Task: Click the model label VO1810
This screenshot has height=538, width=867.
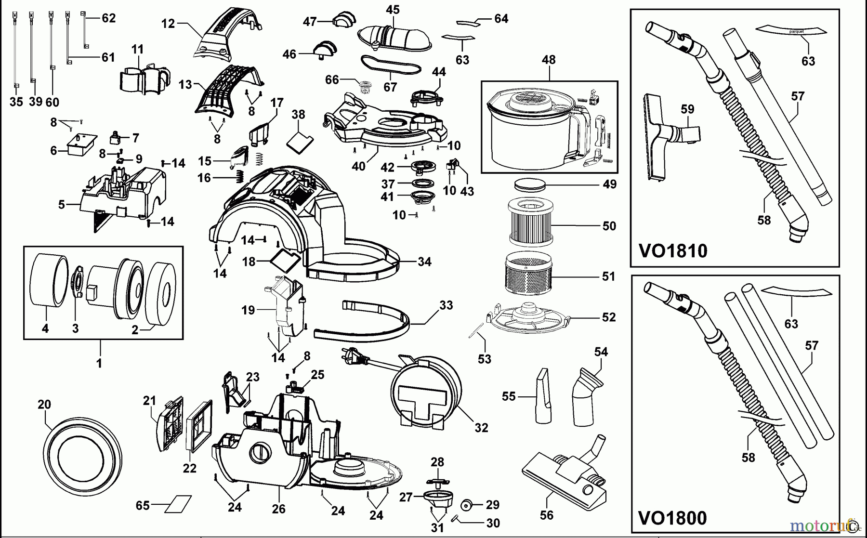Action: pos(673,251)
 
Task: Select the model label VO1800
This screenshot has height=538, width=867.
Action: pos(672,518)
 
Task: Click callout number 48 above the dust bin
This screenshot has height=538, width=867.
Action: pos(549,60)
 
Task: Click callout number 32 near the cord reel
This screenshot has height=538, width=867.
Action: pos(481,428)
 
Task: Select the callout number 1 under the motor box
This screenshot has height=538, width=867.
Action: pos(99,363)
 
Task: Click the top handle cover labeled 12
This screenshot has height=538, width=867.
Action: pos(226,34)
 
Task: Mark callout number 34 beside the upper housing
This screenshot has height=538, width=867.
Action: pos(424,262)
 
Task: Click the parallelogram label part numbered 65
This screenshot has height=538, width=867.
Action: pos(177,504)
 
